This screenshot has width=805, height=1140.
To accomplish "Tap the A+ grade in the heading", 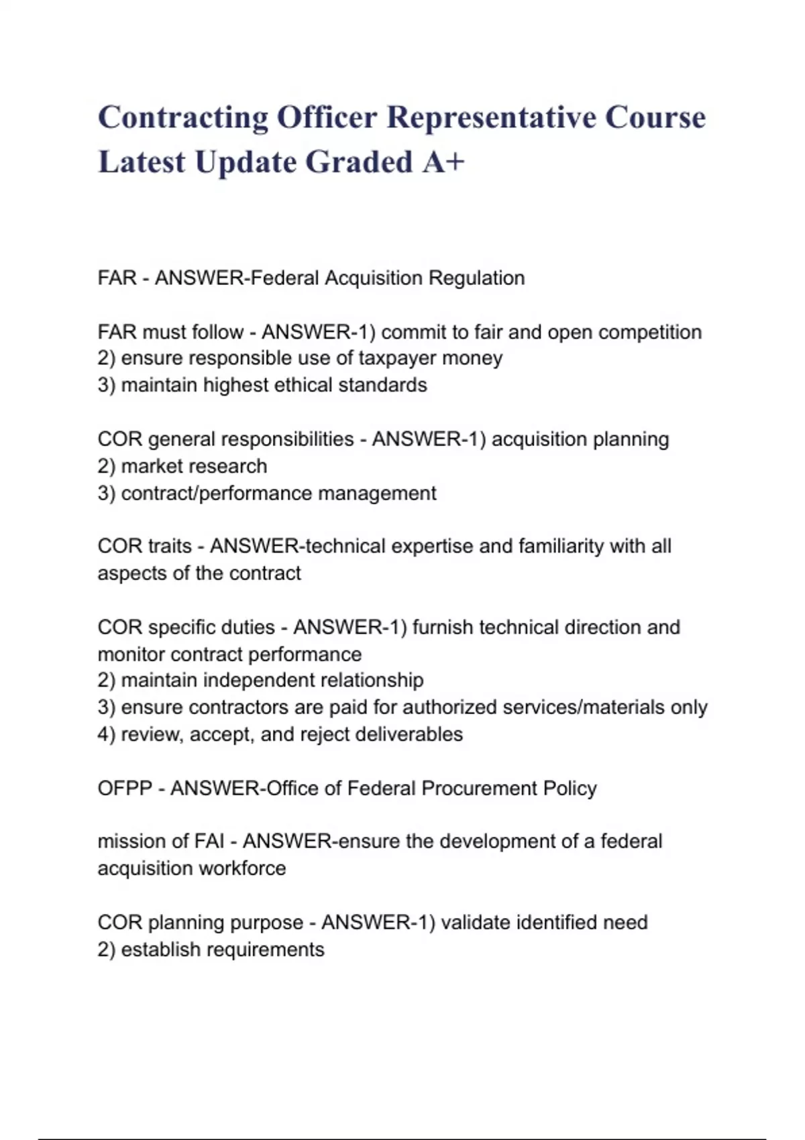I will coord(443,162).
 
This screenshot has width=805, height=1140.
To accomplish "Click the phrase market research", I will coord(194,466).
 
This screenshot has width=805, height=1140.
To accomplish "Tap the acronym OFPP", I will coord(125,788).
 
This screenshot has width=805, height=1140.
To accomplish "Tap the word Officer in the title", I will coord(327,117).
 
